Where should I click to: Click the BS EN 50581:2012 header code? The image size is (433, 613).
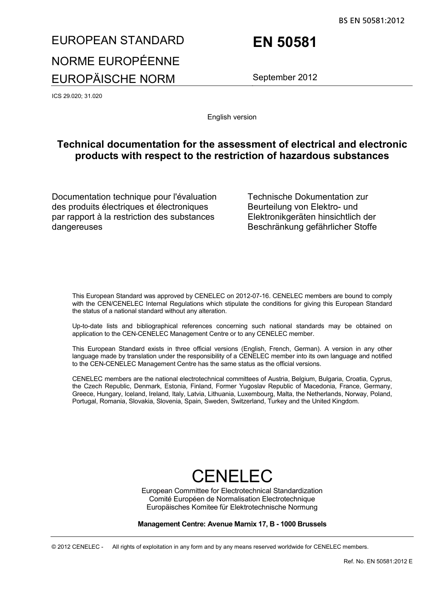(x=371, y=21)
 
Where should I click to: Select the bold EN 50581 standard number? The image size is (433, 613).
(x=284, y=42)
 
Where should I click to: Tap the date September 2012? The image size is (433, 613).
(x=285, y=77)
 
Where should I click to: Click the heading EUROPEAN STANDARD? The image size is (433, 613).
(x=118, y=40)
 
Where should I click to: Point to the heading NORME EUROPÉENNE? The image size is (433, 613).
(x=115, y=61)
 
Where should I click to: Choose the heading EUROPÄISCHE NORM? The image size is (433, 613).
(x=113, y=79)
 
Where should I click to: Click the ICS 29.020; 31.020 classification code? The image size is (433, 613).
(x=77, y=96)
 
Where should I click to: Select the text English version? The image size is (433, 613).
(x=232, y=117)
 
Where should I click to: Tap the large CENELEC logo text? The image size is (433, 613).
(x=232, y=476)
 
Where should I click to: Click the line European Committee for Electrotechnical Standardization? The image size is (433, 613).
(x=232, y=491)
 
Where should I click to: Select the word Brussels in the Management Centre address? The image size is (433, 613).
(x=312, y=524)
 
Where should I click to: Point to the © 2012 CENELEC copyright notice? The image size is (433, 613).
(x=77, y=547)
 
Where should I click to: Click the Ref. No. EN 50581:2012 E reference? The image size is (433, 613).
(x=377, y=561)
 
